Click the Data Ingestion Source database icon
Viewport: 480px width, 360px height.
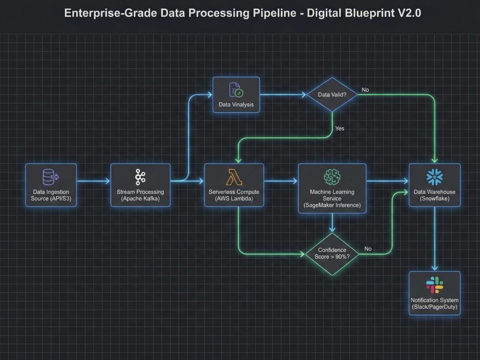50,177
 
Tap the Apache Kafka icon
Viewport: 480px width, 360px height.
140,177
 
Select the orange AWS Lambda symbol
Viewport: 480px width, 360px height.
234,177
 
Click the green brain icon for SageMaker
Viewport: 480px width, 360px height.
332,177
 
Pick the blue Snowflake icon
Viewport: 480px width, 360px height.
434,177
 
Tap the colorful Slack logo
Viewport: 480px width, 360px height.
434,285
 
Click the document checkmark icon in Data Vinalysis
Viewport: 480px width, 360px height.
236,90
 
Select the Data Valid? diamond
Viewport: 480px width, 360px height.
332,95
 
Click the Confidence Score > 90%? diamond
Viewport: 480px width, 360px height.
332,254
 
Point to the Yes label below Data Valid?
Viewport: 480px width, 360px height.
339,129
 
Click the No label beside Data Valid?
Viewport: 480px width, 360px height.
365,90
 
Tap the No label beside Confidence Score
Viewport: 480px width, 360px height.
368,249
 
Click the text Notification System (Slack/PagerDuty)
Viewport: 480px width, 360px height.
434,303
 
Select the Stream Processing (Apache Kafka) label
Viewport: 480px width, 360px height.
140,195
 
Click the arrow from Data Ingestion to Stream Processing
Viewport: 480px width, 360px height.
94,181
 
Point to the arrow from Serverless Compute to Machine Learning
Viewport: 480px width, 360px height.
281,181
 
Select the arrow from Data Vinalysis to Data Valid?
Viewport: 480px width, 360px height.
283,95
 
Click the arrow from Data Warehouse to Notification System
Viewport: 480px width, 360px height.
434,239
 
